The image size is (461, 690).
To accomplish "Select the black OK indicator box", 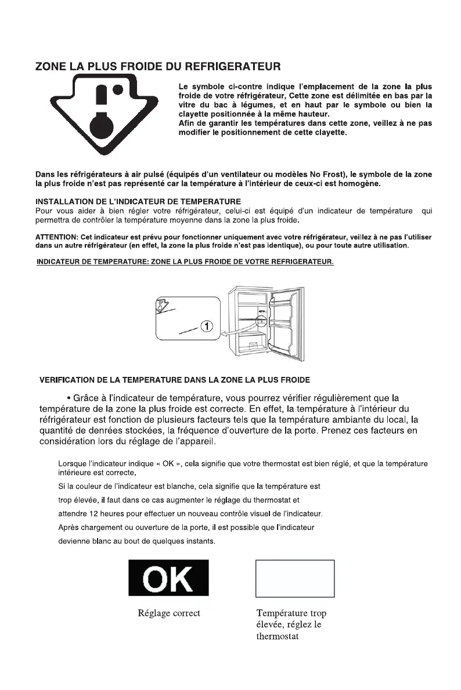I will click(168, 578).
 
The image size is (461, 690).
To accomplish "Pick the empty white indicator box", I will click(295, 578).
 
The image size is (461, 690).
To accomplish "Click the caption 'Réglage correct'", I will click(169, 613).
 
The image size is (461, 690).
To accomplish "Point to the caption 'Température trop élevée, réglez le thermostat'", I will click(295, 625).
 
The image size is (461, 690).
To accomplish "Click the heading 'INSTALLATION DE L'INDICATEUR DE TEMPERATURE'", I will click(131, 202).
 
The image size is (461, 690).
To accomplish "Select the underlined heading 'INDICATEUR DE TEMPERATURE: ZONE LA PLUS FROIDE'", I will click(185, 263).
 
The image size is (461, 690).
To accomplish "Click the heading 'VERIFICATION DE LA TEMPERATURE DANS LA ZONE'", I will click(174, 380).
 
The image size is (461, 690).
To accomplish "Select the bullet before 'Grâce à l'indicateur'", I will click(69, 398).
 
